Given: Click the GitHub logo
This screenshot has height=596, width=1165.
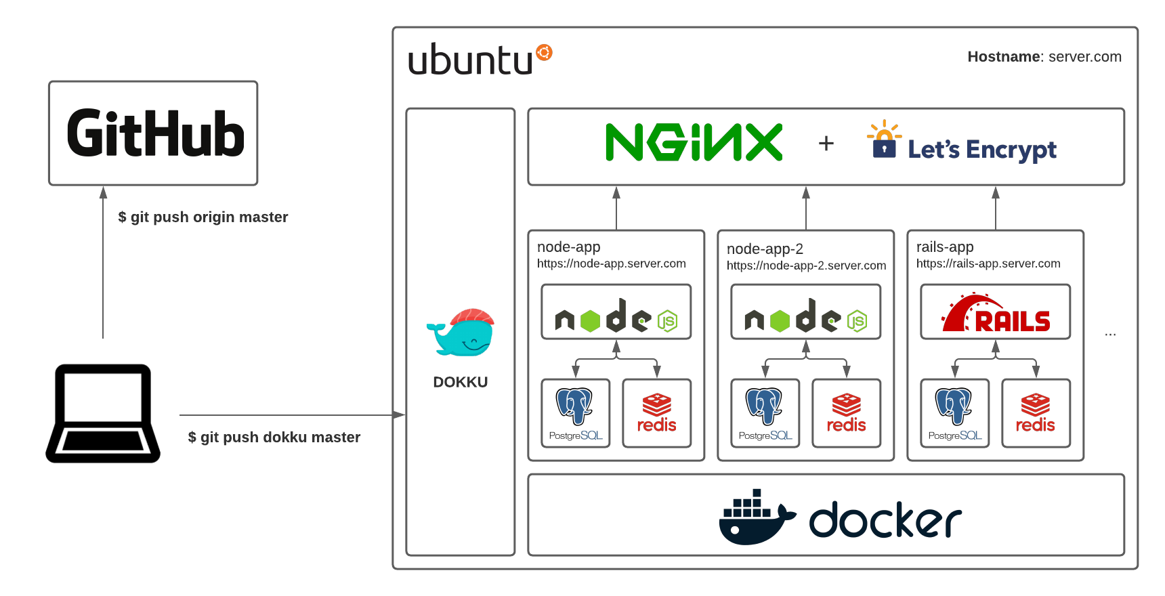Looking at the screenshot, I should [155, 133].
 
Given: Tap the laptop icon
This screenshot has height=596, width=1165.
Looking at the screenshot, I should [103, 414].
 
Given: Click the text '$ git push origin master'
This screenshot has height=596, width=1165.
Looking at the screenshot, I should [203, 217].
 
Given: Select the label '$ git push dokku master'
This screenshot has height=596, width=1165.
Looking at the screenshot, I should [274, 437].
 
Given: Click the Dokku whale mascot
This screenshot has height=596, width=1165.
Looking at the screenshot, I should [461, 333].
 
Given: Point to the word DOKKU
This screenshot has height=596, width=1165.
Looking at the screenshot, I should [460, 382].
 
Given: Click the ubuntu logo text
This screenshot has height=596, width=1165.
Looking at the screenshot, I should [471, 60].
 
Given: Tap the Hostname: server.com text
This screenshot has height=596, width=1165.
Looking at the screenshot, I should [1044, 57].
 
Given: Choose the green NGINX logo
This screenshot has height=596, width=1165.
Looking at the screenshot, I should [694, 142].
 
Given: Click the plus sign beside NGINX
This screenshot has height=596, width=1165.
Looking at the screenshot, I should [826, 143].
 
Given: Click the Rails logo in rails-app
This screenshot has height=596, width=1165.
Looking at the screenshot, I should [995, 313].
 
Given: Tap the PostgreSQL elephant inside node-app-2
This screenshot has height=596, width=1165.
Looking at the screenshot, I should [764, 406].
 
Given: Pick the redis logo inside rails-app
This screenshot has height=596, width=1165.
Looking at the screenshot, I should [1035, 413].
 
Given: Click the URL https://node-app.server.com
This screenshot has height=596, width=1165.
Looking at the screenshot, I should [611, 263].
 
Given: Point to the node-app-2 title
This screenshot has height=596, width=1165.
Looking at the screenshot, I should [765, 249].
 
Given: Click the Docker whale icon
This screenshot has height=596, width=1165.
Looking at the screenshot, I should [755, 517].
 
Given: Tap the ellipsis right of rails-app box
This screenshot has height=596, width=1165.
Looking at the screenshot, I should [1110, 334].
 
